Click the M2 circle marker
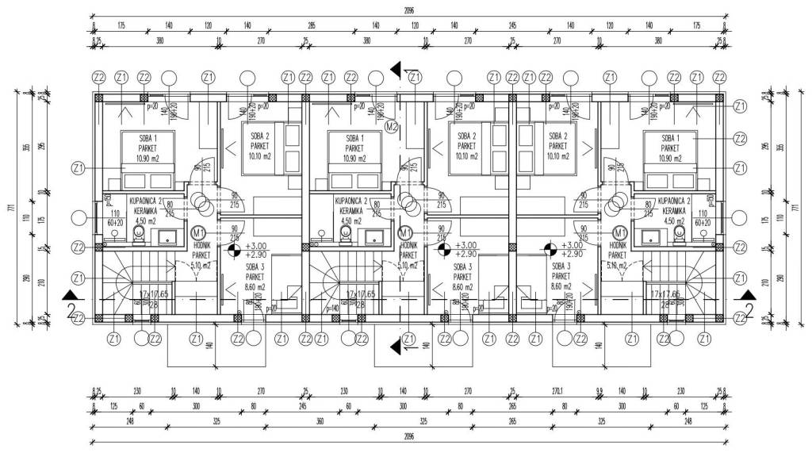(391, 125)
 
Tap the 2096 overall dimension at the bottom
(408, 435)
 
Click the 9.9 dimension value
(599, 390)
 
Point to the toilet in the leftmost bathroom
(139, 236)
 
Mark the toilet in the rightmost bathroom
(679, 236)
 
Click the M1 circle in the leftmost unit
(198, 232)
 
